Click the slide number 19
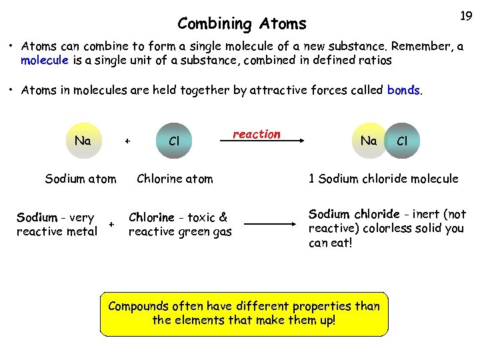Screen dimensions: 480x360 [466, 16]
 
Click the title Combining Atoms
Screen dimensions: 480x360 [242, 24]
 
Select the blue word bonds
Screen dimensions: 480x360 [403, 89]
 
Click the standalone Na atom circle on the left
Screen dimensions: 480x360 [83, 141]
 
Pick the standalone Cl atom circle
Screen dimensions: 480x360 [175, 141]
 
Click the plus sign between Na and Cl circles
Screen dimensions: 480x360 [128, 141]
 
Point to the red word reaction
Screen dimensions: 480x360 [257, 134]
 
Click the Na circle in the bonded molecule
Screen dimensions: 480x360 [369, 141]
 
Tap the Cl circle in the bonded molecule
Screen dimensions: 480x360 [402, 141]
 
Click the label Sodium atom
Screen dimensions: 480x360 [81, 179]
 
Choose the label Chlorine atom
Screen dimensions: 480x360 [175, 179]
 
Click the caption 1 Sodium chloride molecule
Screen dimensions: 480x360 [383, 179]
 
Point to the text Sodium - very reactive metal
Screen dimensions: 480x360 [57, 224]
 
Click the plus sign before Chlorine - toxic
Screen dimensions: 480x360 [113, 225]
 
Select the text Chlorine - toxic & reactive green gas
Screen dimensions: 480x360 [179, 224]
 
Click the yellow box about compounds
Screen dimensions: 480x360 [244, 313]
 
